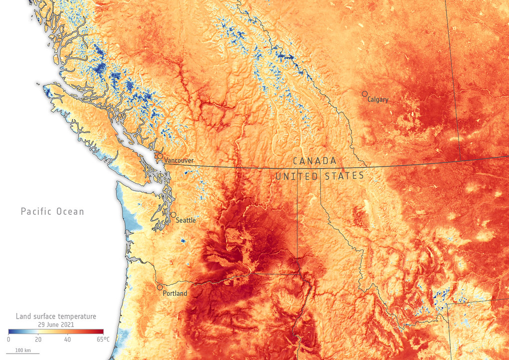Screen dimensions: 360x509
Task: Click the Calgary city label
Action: click(378, 99)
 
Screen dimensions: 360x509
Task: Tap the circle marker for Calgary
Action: click(365, 93)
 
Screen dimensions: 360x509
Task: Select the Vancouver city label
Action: click(179, 161)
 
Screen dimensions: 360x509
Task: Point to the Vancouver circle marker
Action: click(160, 156)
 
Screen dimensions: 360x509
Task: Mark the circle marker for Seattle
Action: click(173, 215)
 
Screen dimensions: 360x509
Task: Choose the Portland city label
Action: click(175, 293)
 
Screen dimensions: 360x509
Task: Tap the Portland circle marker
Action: click(160, 287)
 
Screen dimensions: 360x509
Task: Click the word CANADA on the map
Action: click(314, 161)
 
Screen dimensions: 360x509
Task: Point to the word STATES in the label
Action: click(344, 176)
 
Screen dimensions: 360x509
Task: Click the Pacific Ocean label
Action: click(52, 212)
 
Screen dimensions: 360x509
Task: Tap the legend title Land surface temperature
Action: click(56, 316)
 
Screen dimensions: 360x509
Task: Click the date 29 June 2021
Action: click(56, 324)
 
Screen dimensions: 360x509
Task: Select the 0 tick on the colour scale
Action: click(8, 340)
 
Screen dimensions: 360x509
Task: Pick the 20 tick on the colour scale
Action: click(38, 340)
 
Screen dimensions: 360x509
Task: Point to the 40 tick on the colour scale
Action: click(67, 340)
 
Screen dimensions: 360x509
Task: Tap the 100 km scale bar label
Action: click(23, 351)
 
